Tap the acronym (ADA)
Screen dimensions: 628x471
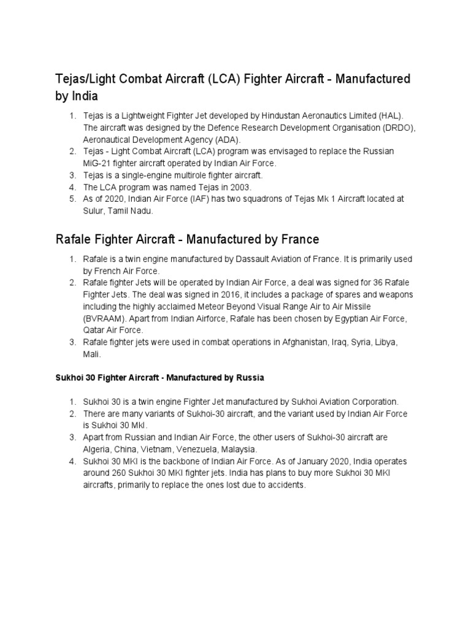coord(227,139)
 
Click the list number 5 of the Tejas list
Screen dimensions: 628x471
coord(72,199)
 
